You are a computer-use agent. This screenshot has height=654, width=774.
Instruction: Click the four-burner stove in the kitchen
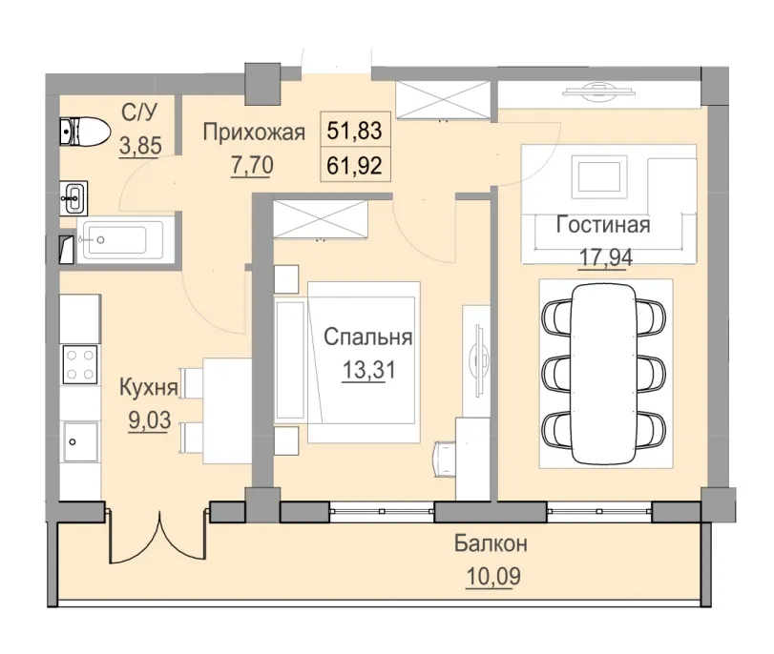click(78, 363)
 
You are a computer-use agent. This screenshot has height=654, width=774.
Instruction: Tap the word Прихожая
click(253, 133)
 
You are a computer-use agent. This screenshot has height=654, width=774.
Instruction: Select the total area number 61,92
click(354, 165)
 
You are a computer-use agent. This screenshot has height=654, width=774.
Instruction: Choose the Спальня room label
click(367, 337)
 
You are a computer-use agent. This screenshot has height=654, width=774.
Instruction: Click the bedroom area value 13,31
click(367, 368)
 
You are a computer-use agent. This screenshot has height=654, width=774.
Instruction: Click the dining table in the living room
click(605, 368)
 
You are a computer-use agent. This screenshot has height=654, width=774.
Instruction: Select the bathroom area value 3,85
click(138, 147)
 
